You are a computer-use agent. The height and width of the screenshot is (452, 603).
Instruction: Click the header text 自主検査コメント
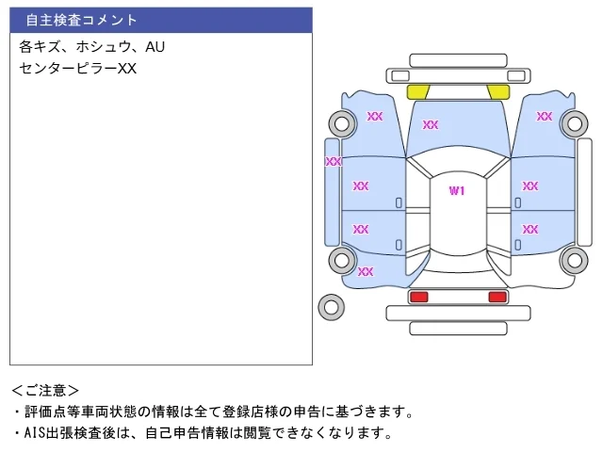point(81,20)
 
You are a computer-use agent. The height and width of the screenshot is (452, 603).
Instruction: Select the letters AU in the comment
point(155,46)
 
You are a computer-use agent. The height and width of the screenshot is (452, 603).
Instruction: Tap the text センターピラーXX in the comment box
point(77,69)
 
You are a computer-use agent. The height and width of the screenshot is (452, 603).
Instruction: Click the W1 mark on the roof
point(457,190)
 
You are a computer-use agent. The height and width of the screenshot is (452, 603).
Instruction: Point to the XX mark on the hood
point(431,124)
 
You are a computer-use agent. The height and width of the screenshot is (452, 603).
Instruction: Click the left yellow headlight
point(418,92)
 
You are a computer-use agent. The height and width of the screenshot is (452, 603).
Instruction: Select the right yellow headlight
point(498,92)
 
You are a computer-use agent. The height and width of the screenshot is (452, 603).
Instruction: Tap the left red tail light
point(419,297)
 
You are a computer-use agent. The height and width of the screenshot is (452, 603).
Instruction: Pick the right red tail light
point(497,297)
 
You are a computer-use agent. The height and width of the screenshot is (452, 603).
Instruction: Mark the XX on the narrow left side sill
point(333,161)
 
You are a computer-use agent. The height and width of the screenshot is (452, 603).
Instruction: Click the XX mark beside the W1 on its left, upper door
point(361,186)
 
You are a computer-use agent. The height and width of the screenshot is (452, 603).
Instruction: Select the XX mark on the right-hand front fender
point(545,116)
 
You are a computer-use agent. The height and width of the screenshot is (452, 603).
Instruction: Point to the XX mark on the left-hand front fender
point(375,116)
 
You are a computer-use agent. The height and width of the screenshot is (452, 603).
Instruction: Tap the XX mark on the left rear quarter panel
point(366,272)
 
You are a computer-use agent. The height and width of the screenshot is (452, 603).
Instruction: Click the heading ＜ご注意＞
point(45,391)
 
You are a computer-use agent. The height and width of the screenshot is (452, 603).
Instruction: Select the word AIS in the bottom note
point(35,433)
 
